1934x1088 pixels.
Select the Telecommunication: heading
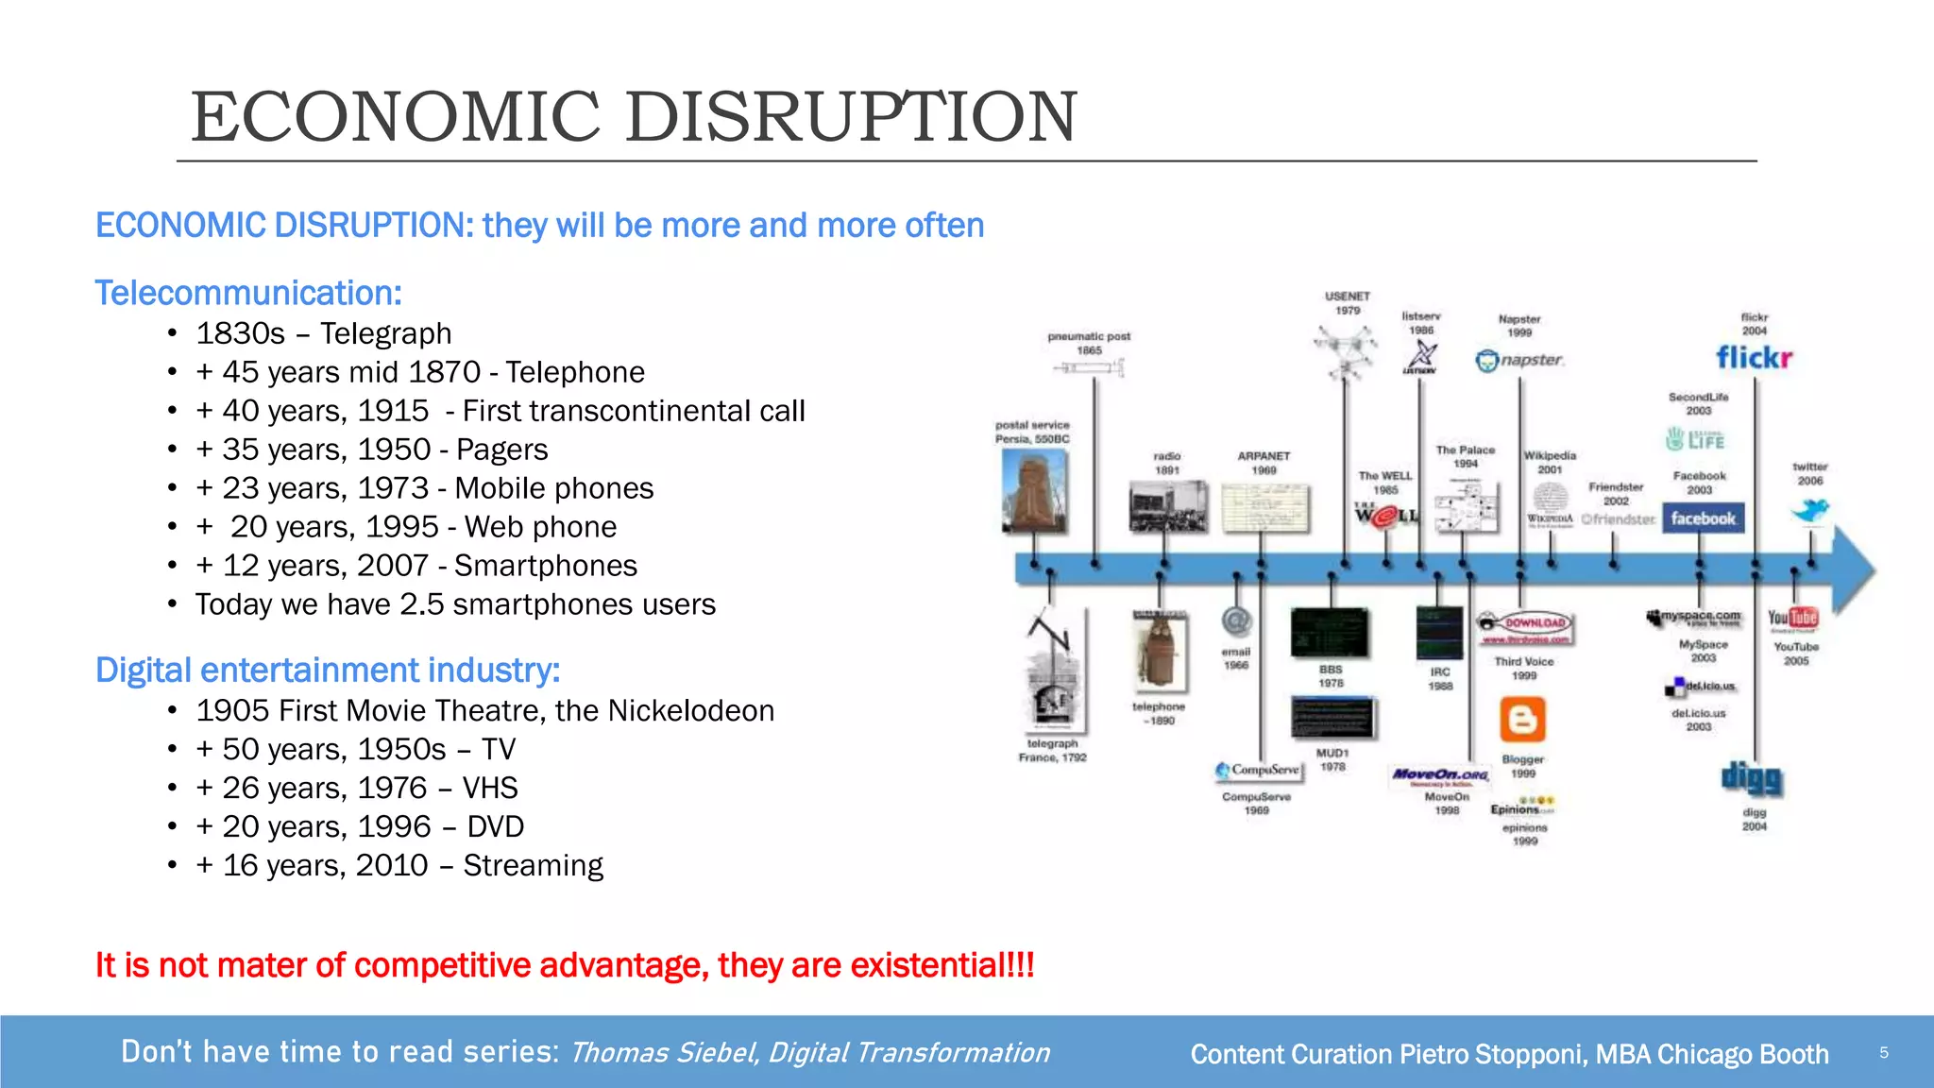tap(248, 293)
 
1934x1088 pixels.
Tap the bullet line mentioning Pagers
tap(371, 450)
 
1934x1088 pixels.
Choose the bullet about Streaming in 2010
tap(399, 865)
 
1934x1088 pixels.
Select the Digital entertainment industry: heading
tap(328, 670)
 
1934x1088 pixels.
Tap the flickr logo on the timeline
tap(1754, 358)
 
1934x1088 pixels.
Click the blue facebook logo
tap(1703, 518)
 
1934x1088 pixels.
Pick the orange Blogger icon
tap(1522, 721)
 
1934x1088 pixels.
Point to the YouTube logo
tap(1792, 619)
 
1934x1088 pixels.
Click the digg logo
tap(1753, 778)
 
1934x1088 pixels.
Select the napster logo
tap(1519, 361)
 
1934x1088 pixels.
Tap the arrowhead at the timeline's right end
tap(1856, 569)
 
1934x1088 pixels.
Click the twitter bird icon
tap(1810, 511)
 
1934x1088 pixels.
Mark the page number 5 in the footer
tap(1884, 1053)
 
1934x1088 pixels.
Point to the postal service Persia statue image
tap(1035, 491)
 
